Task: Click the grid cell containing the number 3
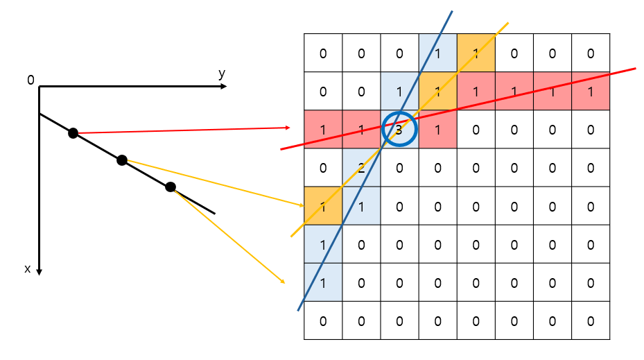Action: point(399,129)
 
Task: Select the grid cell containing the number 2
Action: point(361,167)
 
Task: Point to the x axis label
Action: point(28,268)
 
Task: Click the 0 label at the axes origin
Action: point(31,80)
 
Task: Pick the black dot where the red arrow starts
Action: point(73,133)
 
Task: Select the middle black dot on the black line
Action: point(122,160)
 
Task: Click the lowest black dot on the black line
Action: point(171,187)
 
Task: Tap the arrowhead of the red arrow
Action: point(287,128)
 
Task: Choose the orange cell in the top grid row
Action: point(476,53)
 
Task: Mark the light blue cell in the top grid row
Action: point(437,53)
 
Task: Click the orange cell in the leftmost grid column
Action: point(323,205)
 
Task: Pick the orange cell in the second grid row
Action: point(437,91)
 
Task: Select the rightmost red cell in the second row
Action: point(590,91)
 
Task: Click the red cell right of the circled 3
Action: point(437,129)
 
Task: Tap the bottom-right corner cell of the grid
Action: point(590,320)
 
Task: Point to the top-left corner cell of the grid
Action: point(323,53)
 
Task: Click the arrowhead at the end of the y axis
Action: point(234,87)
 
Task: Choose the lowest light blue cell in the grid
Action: point(323,282)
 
